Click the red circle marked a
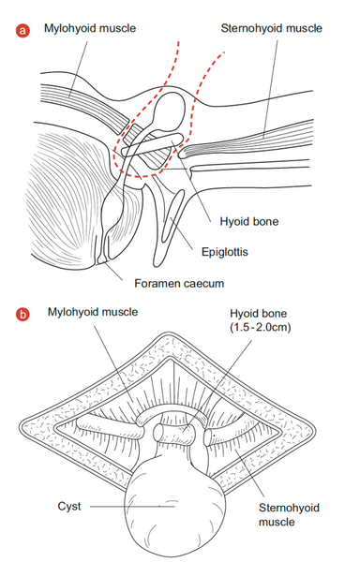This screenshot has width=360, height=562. click(22, 31)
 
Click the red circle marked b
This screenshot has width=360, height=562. click(22, 315)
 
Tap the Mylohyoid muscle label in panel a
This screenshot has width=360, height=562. click(90, 28)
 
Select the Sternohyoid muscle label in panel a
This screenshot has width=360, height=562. click(272, 28)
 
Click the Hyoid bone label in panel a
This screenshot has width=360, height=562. click(249, 221)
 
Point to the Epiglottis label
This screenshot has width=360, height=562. click(225, 252)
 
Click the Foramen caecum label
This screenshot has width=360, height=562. click(179, 284)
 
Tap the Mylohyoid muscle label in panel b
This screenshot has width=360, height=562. click(93, 312)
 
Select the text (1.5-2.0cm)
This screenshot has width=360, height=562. click(261, 327)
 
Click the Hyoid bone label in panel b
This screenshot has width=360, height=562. click(259, 314)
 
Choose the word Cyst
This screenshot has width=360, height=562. click(69, 507)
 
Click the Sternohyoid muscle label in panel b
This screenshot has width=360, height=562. click(289, 514)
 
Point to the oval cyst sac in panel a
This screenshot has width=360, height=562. click(170, 111)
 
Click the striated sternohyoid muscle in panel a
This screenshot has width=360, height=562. click(247, 140)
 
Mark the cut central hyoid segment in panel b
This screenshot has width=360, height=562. click(175, 433)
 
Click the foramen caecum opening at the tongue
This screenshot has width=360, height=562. click(101, 259)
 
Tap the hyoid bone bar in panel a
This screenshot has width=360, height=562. click(153, 145)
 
